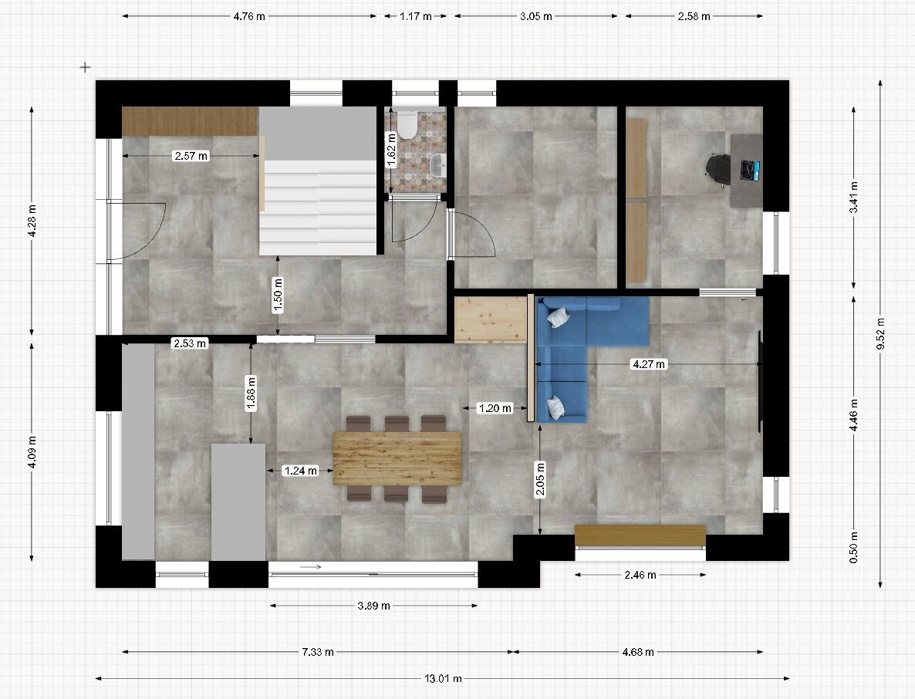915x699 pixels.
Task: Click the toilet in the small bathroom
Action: click(x=407, y=124)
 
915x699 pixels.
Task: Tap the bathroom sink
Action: click(x=437, y=165)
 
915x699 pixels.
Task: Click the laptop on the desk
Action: click(x=749, y=170)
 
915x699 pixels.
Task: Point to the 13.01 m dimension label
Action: click(x=443, y=679)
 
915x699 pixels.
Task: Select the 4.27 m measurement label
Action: click(x=649, y=364)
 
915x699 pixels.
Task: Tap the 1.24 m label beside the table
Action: click(x=301, y=471)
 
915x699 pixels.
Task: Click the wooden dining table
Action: click(x=397, y=458)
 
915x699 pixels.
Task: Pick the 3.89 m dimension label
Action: click(x=374, y=606)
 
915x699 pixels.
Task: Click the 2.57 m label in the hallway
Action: click(x=191, y=156)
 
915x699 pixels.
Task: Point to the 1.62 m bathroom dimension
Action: click(x=392, y=150)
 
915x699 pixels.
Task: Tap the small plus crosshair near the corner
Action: click(x=85, y=67)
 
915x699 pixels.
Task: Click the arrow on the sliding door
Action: click(x=310, y=566)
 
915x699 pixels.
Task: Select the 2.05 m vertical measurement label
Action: click(x=540, y=479)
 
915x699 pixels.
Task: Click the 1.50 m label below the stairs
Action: click(x=278, y=295)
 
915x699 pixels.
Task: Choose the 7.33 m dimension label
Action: click(x=318, y=652)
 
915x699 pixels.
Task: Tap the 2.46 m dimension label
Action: click(x=640, y=575)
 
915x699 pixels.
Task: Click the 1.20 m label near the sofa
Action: click(x=495, y=408)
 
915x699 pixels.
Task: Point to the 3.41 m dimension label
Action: click(x=854, y=198)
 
